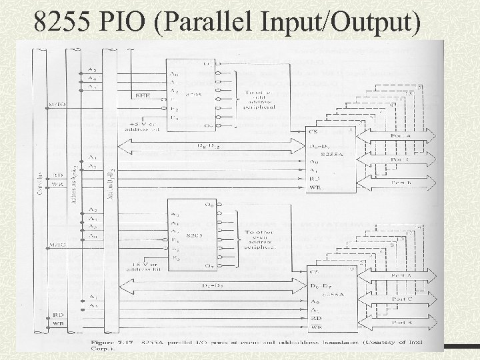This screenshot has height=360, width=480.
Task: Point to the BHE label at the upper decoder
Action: [143, 96]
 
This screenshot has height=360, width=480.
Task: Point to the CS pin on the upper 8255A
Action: [313, 133]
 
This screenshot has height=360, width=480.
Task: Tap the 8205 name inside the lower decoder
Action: [193, 237]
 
